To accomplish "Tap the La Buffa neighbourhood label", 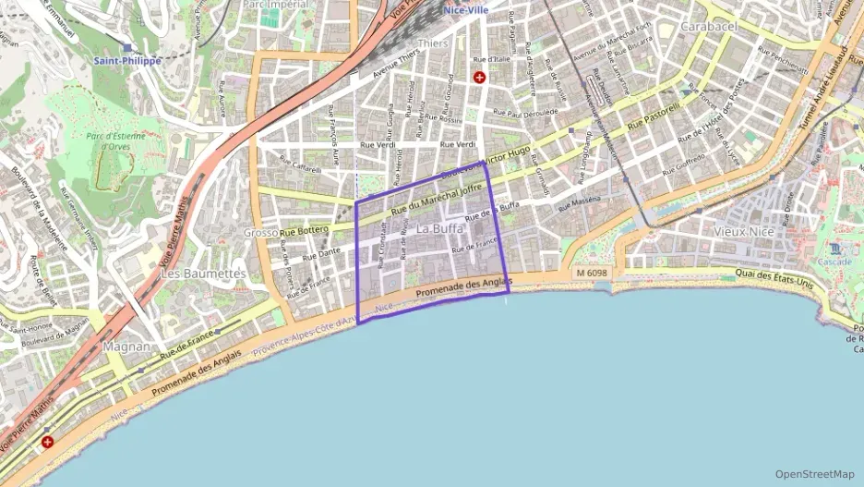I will coord(439,228).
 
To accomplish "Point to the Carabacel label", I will coord(709,27).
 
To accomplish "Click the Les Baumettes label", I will coord(203,274).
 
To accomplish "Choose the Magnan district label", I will coord(126,346).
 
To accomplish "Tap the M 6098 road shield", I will coord(592,274).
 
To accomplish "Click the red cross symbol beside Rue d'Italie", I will coord(479,78).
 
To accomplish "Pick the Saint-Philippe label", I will coord(127,61).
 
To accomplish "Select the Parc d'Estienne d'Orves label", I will coord(115,140).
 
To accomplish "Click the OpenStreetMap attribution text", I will coord(815,474).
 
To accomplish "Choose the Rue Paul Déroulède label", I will coord(526,114).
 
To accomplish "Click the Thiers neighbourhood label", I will coord(433,43).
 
